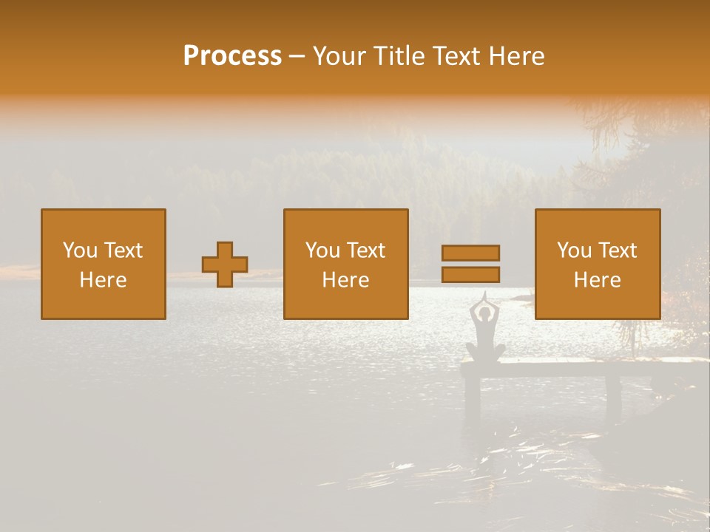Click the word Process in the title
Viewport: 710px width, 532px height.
(x=232, y=56)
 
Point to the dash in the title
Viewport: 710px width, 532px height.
(x=297, y=57)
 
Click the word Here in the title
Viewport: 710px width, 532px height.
(x=515, y=56)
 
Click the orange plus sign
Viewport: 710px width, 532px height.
(x=225, y=264)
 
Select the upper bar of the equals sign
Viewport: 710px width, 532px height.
(x=470, y=253)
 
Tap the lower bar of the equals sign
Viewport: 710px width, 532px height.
(x=470, y=274)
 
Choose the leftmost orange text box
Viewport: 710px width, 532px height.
(x=104, y=264)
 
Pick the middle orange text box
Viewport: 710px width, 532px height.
(x=346, y=264)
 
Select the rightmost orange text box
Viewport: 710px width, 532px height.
(x=598, y=264)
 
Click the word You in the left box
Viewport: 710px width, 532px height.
(x=79, y=250)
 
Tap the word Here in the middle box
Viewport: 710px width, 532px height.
(x=346, y=280)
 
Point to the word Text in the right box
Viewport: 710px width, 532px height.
(x=618, y=250)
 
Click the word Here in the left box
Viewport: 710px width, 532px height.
(x=104, y=280)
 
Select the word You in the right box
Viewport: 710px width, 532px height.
(x=573, y=250)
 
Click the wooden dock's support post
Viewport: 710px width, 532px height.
(x=613, y=392)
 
